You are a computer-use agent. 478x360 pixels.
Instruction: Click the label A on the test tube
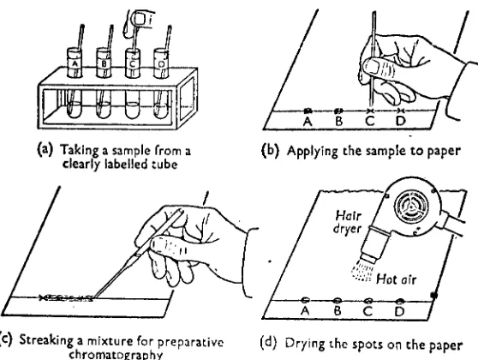pos(74,64)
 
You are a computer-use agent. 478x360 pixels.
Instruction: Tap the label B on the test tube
pos(104,63)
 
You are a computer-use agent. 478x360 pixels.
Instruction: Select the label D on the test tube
pos(162,63)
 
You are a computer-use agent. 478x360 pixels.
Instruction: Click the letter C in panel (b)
pos(369,121)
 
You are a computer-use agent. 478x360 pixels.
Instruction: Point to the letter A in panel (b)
pos(308,122)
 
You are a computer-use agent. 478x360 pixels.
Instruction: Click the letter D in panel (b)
pos(401,121)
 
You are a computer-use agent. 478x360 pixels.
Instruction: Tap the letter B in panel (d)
pos(337,311)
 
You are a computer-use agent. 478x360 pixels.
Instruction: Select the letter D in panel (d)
pos(399,311)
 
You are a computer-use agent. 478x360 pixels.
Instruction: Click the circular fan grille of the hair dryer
pos(410,207)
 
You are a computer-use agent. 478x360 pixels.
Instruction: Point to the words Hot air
pos(396,279)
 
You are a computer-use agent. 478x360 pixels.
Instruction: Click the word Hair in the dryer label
pos(348,216)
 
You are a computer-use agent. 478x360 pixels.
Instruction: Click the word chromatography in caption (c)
pos(116,355)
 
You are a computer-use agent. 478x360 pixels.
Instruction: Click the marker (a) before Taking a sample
pos(45,149)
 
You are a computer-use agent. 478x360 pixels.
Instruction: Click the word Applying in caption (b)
pos(312,152)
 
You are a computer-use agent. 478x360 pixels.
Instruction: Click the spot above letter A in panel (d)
pos(305,300)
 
